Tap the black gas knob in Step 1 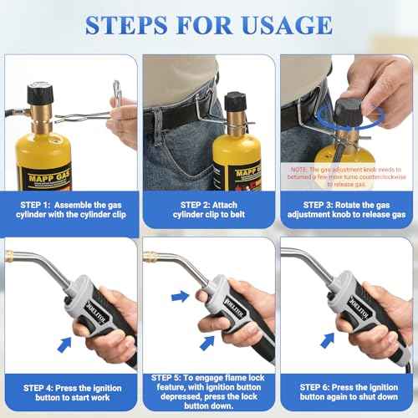[40, 94]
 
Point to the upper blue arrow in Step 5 [180, 295]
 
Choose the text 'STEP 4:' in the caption [39, 389]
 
